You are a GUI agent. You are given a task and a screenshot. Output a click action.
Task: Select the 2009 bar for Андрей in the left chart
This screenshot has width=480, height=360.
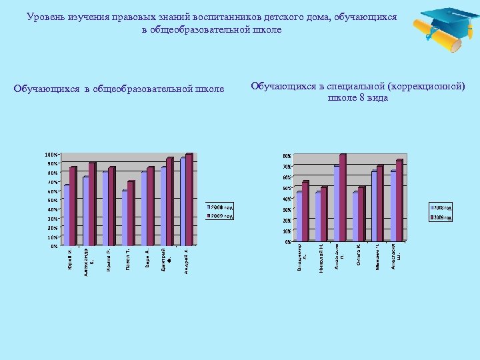click(x=189, y=199)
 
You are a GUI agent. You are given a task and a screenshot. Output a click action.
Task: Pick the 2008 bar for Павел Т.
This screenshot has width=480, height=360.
click(x=125, y=217)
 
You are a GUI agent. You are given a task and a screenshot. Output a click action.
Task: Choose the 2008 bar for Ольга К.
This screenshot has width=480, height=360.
click(x=356, y=216)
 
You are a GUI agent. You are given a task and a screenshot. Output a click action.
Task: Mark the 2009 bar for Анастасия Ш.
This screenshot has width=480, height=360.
click(x=399, y=200)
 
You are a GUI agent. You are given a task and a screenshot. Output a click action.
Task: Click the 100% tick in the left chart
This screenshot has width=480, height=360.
click(x=51, y=155)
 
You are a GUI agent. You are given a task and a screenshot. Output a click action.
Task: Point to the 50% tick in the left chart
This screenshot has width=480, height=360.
click(x=52, y=200)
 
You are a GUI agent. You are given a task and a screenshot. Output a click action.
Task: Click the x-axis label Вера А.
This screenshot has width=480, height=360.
click(x=147, y=257)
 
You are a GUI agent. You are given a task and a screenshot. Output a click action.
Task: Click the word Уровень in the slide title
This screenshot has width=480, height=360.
click(x=47, y=17)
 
